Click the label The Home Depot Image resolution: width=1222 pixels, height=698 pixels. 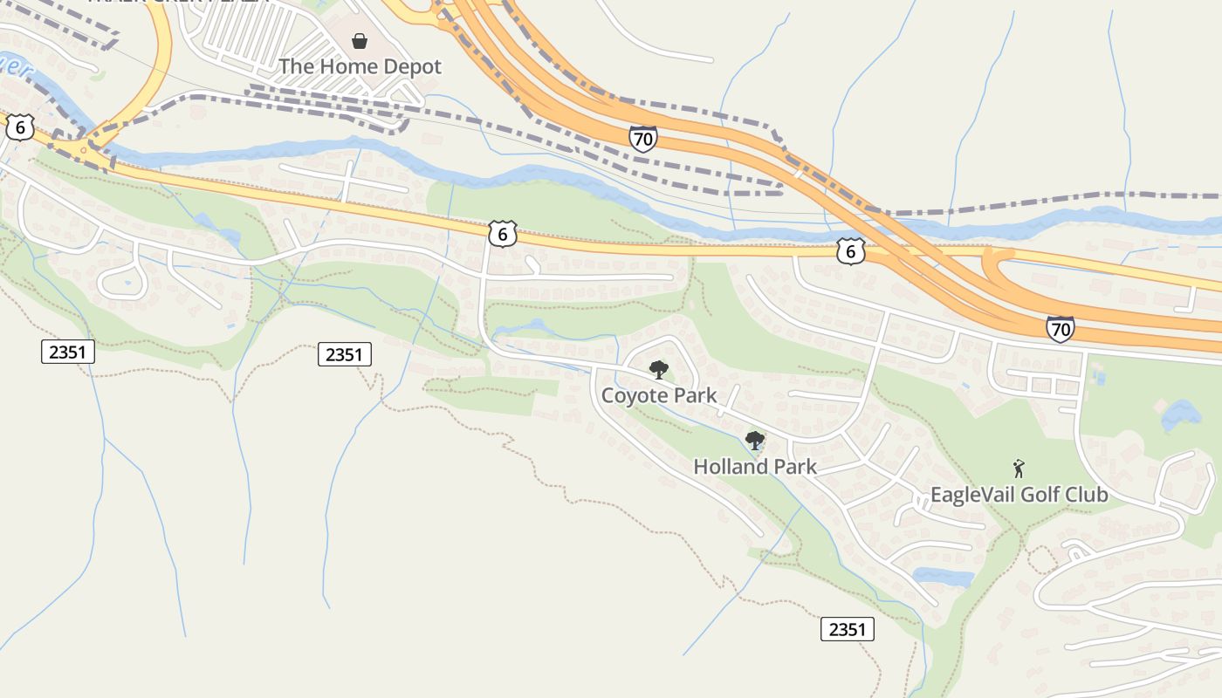(360, 66)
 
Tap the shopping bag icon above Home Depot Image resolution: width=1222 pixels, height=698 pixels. (359, 40)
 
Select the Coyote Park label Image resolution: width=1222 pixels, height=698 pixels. (659, 395)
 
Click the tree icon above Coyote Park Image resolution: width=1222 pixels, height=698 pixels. (659, 370)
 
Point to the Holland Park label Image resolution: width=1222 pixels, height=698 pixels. (755, 467)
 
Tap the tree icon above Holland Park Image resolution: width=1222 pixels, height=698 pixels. (755, 441)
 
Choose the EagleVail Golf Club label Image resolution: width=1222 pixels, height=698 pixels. (1019, 495)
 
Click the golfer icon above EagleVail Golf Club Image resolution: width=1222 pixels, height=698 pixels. (1018, 469)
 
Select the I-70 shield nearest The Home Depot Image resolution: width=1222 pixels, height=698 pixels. (642, 138)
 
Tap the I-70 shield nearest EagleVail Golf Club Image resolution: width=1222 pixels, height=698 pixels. (1060, 329)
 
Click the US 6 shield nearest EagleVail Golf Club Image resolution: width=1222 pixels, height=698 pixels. (850, 250)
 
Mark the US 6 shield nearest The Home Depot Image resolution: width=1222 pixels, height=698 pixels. (502, 234)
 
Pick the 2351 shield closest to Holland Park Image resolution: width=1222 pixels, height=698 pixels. (847, 629)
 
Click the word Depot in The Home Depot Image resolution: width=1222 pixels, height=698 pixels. (413, 66)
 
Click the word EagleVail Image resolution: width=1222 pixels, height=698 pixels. (973, 495)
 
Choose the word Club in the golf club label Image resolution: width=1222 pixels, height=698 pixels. (1088, 495)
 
